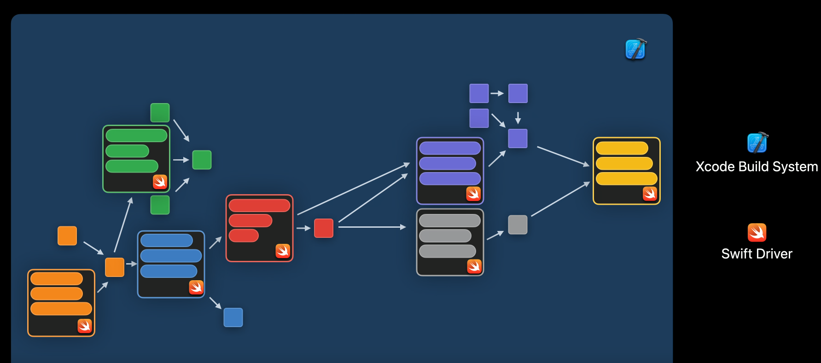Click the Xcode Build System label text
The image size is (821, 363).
757,167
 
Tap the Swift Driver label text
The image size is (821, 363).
757,254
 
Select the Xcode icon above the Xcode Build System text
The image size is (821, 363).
757,143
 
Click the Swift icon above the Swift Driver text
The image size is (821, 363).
757,232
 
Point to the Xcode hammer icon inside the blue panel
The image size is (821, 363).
635,49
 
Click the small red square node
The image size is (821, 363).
324,228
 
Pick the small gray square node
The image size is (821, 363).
518,225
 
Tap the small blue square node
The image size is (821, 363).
233,317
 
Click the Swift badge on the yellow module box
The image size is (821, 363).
650,194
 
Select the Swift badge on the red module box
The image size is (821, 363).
283,251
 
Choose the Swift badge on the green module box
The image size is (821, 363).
160,182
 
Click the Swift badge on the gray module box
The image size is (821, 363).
474,266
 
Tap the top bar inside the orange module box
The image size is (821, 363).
57,278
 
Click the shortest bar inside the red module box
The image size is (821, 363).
244,236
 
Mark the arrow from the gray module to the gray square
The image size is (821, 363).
495,235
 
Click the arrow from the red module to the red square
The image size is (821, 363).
303,228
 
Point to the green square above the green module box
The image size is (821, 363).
160,113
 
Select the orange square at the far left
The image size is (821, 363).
67,236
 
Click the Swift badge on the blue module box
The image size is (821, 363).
196,287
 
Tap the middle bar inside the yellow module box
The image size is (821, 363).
624,163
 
